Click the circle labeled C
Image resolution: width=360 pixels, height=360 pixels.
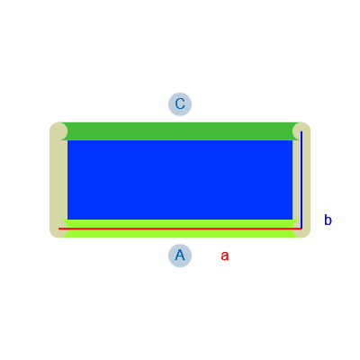click(180, 104)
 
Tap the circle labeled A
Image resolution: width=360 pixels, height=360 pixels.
click(180, 256)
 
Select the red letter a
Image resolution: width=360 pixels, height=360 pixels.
click(225, 256)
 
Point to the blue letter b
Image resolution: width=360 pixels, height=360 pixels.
click(328, 220)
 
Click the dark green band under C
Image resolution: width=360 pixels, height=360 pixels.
click(180, 131)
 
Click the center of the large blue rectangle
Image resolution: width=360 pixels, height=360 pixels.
click(180, 180)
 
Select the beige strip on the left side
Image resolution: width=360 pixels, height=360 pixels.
click(58, 180)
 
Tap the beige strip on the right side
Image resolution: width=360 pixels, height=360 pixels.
click(301, 180)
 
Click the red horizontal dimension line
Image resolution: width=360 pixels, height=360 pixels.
click(180, 229)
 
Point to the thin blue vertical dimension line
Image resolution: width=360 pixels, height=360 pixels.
click(301, 180)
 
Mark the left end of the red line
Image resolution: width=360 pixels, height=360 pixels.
click(58, 229)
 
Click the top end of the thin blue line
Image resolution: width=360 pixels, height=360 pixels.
click(301, 131)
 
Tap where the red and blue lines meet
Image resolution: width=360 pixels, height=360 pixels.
click(301, 229)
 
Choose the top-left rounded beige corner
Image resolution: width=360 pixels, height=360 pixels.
click(58, 131)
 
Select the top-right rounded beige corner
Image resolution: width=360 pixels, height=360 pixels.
click(301, 131)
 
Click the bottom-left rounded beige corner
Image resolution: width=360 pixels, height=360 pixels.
click(58, 229)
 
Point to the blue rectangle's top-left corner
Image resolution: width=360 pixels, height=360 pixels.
click(67, 140)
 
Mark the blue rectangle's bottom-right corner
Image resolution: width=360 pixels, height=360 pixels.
click(292, 220)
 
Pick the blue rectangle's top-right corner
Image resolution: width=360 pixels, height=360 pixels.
click(292, 140)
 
